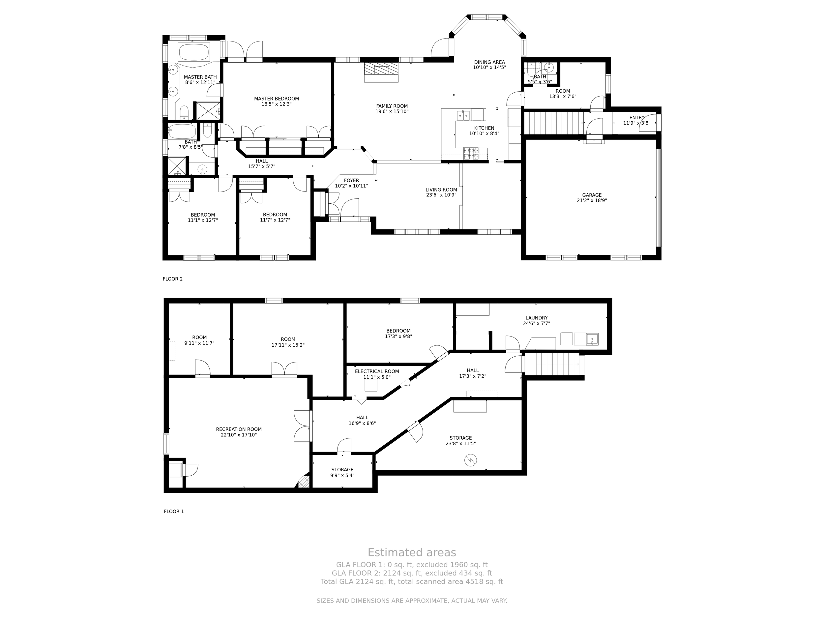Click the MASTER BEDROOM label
pos(277,99)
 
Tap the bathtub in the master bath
pos(194,52)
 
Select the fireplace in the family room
pos(381,72)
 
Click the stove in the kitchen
pos(471,154)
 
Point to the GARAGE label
pos(592,195)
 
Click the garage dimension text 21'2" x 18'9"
pos(592,200)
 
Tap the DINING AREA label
pos(489,62)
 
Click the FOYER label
pos(351,180)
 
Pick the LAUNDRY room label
pos(536,318)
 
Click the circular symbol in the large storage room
pos(470,460)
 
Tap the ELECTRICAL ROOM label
pos(377,371)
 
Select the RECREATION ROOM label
pos(239,429)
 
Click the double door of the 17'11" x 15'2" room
pos(284,369)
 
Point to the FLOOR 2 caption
pos(173,279)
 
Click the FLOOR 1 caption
pos(174,512)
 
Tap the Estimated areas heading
pos(412,552)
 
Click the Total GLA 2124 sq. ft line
pos(412,581)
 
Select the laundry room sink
pos(592,339)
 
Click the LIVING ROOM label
pos(441,190)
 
